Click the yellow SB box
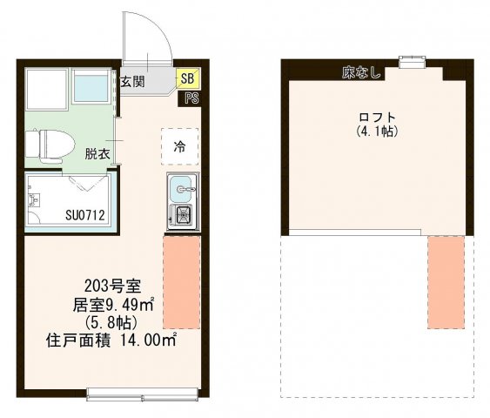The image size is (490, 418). point(188,78)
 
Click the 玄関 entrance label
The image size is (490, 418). point(132,82)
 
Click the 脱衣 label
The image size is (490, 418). point(97,154)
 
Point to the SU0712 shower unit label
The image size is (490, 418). point(85,215)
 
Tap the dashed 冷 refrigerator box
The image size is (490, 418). point(180,146)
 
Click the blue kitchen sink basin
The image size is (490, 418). point(182,186)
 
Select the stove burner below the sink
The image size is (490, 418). point(183,216)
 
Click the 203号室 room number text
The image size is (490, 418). point(108,285)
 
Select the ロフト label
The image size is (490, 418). point(377,118)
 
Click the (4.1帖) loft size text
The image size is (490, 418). point(377,132)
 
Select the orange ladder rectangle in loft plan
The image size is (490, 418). point(445,280)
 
